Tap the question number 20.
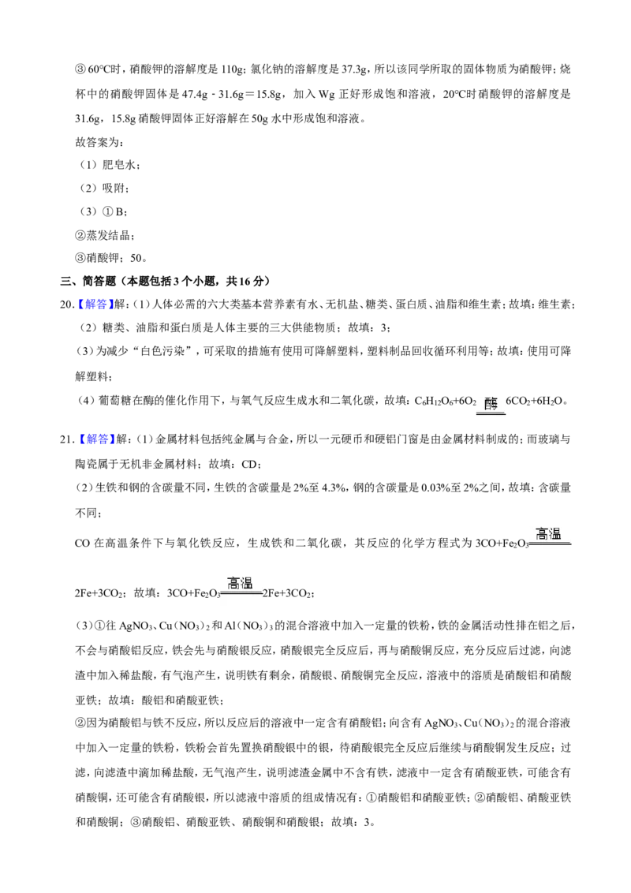point(67,305)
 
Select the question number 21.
point(67,439)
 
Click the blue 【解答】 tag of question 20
point(95,305)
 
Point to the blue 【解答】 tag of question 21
point(95,439)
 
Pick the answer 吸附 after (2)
point(113,189)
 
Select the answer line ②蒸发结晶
point(104,234)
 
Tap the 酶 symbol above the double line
point(491,404)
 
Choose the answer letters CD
point(249,464)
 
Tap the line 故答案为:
point(99,142)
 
